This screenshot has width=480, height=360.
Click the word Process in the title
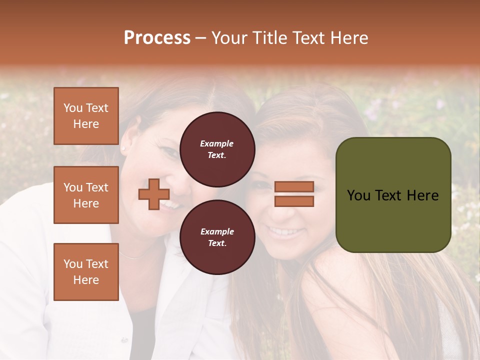click(157, 38)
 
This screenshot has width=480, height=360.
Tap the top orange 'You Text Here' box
click(86, 116)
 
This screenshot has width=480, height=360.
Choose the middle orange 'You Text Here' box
click(86, 195)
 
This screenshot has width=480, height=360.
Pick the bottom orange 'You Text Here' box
click(86, 271)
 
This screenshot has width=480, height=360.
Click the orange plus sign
click(153, 194)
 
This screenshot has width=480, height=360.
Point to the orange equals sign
click(294, 194)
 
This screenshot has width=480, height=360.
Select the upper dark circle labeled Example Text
click(217, 149)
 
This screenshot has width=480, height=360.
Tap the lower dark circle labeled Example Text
click(217, 237)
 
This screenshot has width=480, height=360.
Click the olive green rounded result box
click(393, 194)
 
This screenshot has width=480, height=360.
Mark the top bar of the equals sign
click(294, 186)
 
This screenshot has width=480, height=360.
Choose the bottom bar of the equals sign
click(294, 201)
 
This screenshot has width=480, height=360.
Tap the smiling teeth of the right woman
click(285, 231)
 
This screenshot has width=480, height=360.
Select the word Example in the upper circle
click(217, 143)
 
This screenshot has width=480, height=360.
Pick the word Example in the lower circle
click(217, 231)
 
